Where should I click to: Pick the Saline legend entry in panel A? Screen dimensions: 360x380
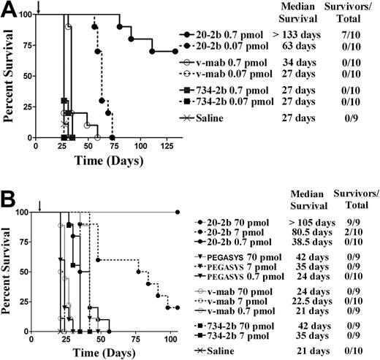[x=211, y=117]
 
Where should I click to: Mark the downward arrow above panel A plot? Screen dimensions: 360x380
[x=37, y=7]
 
